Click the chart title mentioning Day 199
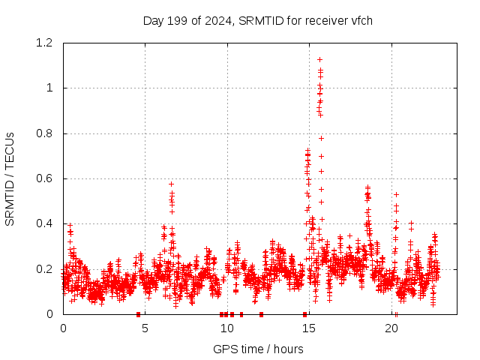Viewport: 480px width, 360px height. coord(257,20)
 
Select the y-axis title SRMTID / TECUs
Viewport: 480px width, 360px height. coord(10,178)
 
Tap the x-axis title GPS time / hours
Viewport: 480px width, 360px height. coord(258,349)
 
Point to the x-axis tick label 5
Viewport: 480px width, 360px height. coord(145,328)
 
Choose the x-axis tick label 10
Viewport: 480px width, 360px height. coord(227,328)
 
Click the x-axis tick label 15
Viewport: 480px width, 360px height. coord(310,328)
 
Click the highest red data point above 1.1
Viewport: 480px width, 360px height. coord(319,59)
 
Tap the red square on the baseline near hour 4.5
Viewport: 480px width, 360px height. coord(138,314)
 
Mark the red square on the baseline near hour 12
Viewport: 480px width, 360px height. coord(261,314)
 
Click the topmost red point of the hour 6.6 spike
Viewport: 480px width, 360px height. coord(171,184)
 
